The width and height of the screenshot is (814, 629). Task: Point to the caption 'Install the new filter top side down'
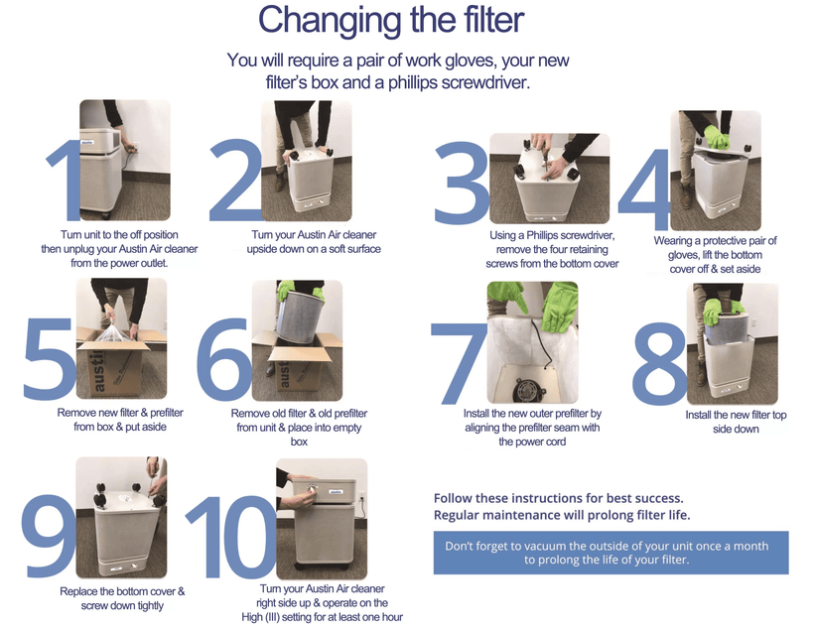[736, 422]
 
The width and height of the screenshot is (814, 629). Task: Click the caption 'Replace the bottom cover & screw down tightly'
[121, 598]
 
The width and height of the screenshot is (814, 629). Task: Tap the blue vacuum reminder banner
[610, 553]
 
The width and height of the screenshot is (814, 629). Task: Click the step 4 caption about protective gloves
[715, 254]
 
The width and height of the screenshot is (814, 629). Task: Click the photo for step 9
[121, 517]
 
